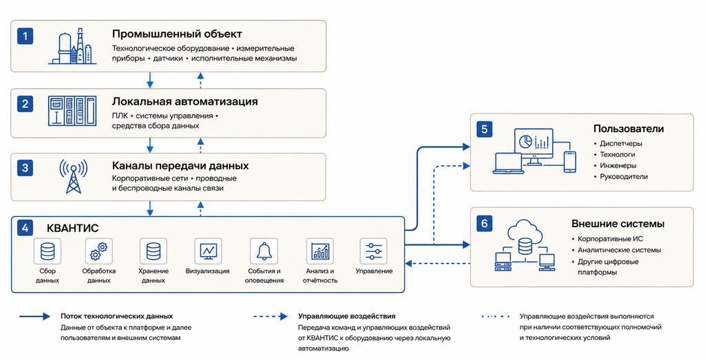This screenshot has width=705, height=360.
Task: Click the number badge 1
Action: point(25,36)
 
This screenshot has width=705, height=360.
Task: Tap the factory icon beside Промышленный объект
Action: point(73,46)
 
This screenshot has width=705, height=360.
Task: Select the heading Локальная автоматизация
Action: point(185,102)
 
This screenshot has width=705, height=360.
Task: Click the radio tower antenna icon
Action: point(73,176)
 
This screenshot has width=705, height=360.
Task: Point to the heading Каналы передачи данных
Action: point(180,166)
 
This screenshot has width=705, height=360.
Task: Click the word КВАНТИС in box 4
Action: point(72,228)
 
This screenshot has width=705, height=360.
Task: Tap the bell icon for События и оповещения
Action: point(264,251)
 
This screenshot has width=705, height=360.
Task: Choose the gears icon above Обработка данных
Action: point(99,251)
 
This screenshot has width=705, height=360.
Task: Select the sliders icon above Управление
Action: point(374,251)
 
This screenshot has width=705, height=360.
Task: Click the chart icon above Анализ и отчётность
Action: point(319,251)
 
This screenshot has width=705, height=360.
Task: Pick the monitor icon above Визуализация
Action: point(208,251)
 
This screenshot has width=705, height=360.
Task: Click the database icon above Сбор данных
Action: point(48,251)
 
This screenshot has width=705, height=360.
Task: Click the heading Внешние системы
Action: point(618,224)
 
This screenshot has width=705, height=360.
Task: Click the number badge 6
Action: point(484,224)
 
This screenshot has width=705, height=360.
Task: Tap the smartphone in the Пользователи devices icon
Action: point(569,161)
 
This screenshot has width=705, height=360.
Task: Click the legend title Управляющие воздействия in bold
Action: point(347,317)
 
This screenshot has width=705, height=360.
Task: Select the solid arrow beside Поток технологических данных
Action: point(34,317)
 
